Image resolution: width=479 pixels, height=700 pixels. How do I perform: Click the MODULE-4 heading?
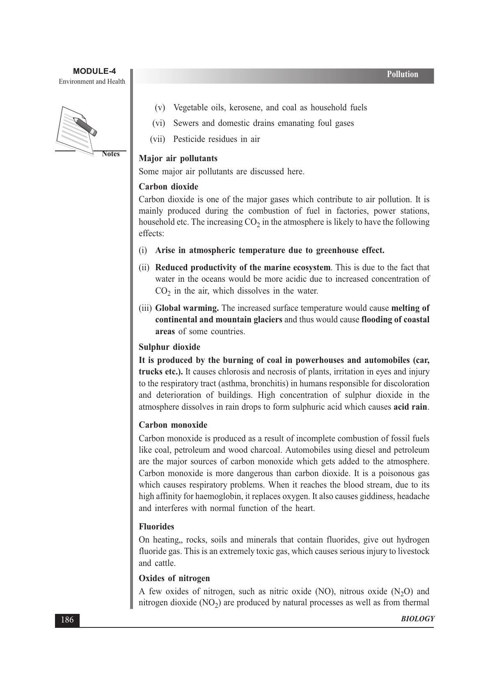[x=94, y=71]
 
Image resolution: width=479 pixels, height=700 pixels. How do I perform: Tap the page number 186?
[x=67, y=620]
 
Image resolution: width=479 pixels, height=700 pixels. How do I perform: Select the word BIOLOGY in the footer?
[x=417, y=619]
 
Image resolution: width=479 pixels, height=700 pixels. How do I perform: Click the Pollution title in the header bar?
[x=402, y=74]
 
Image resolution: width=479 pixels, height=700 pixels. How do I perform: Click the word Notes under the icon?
[x=110, y=154]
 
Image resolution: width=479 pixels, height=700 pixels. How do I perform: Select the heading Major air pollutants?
[x=178, y=158]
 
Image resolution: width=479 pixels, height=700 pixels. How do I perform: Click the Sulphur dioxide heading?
[x=169, y=347]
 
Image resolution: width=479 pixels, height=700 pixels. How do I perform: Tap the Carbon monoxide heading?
[x=173, y=425]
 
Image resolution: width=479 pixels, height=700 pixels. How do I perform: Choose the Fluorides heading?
[x=156, y=527]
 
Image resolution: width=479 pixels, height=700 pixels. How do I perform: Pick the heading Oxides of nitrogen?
[x=174, y=578]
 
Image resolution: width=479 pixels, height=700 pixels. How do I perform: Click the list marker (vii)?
[x=157, y=139]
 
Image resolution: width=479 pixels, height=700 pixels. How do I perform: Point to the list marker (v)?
[x=160, y=107]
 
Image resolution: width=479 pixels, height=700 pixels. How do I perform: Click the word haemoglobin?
[x=218, y=496]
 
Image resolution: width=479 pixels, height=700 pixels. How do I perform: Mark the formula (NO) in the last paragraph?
[x=323, y=591]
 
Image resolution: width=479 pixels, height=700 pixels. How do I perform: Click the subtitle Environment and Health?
[x=92, y=81]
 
